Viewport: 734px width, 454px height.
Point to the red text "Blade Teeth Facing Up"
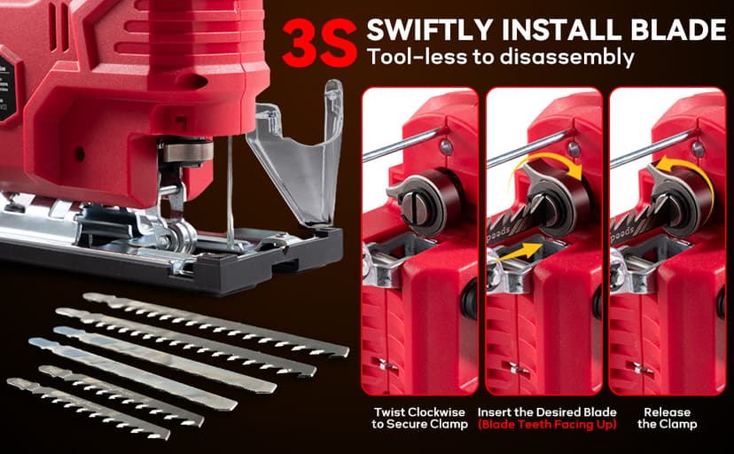click(x=543, y=425)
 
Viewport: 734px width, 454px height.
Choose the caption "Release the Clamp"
click(x=667, y=418)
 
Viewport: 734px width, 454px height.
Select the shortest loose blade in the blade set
click(x=88, y=405)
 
